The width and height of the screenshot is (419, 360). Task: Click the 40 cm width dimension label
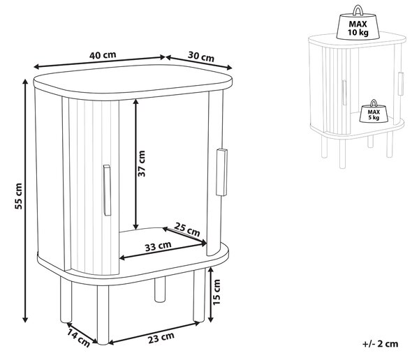pos(103,55)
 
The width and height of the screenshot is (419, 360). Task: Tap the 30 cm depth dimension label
pos(201,57)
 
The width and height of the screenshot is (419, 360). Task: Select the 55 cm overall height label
pos(18,196)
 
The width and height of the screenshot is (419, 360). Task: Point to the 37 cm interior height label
pos(141,163)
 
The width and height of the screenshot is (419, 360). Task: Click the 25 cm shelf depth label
pos(187,230)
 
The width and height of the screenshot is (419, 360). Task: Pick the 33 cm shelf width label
pos(159,246)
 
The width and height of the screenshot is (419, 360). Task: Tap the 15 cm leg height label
pos(216,292)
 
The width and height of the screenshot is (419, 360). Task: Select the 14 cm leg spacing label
pos(78,338)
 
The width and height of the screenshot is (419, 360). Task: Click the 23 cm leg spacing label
pos(161,338)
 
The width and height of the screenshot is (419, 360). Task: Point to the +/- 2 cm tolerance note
pos(381,343)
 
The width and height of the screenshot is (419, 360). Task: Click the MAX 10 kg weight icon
pos(358,23)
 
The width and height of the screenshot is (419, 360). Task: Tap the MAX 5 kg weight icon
pos(374,112)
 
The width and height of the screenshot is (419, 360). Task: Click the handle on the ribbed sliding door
pos(107,190)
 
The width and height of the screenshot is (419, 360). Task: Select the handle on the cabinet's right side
pos(221,172)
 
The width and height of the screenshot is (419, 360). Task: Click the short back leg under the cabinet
pos(160,290)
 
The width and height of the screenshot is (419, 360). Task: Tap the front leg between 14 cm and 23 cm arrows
pos(103,315)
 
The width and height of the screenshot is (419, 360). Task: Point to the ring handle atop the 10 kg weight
pos(358,10)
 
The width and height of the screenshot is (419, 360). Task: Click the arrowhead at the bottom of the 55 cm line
pos(25,319)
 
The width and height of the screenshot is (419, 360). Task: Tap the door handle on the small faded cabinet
pos(344,92)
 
